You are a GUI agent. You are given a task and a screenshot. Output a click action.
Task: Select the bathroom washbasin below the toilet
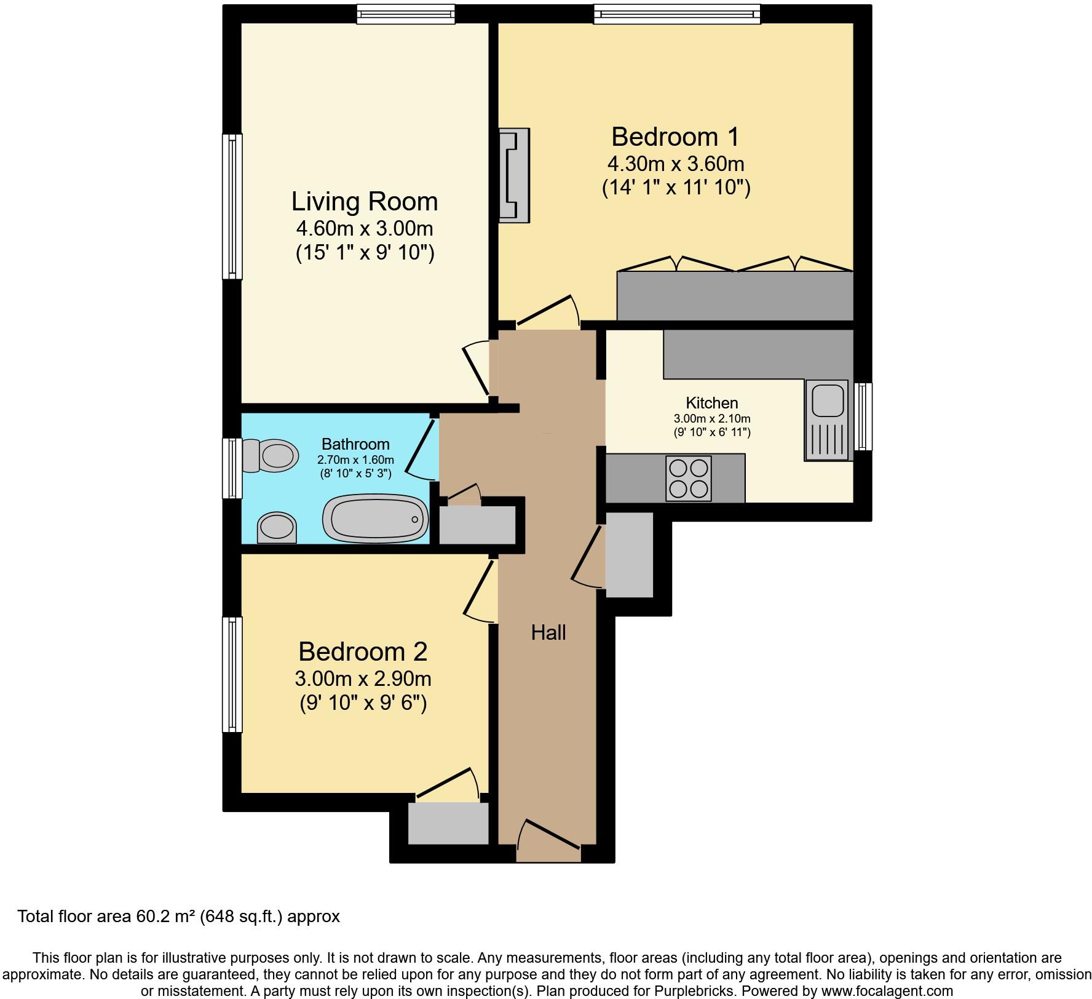[276, 528]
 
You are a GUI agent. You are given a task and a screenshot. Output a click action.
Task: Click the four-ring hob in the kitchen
[689, 478]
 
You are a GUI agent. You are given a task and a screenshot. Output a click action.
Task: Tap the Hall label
[548, 632]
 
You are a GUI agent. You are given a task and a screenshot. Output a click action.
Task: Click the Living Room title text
[364, 202]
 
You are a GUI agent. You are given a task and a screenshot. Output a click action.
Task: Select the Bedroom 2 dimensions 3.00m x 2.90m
[363, 679]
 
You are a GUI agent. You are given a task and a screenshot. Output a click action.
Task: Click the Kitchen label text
[711, 403]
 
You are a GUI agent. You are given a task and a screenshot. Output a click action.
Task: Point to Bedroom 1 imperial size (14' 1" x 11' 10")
[676, 187]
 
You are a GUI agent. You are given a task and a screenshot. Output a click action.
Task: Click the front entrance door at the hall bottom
[548, 840]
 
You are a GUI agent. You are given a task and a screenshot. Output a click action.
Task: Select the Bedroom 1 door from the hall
[547, 311]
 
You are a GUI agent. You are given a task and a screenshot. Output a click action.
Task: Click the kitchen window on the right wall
[863, 416]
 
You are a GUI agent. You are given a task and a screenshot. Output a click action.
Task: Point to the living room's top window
[406, 14]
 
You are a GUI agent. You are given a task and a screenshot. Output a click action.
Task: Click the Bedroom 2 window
[232, 674]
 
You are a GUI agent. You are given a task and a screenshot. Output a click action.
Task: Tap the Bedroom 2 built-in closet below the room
[448, 823]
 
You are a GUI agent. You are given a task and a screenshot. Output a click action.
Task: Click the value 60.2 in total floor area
[150, 917]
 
